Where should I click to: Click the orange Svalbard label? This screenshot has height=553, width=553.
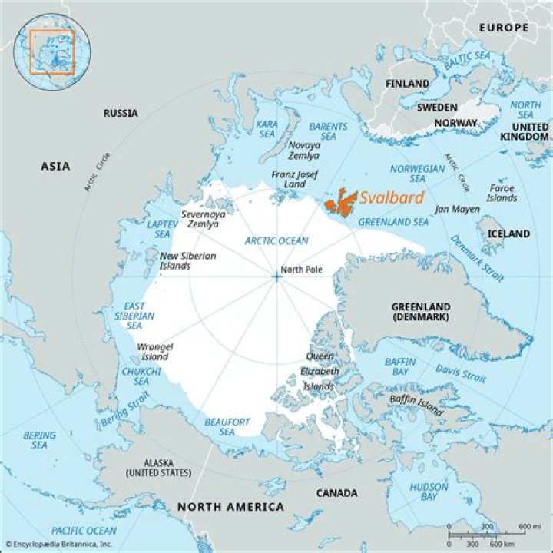tap(392, 198)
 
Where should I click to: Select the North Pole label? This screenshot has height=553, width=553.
tap(301, 270)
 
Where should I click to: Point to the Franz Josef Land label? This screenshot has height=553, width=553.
tap(294, 180)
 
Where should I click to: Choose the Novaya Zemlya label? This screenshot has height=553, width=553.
tap(304, 150)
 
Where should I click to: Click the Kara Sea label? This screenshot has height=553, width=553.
tap(267, 129)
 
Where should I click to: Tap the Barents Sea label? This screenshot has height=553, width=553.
tap(328, 131)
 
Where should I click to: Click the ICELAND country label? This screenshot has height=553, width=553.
tap(508, 233)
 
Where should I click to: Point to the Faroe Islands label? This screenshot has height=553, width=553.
tap(502, 193)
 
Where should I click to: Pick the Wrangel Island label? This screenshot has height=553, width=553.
tap(154, 352)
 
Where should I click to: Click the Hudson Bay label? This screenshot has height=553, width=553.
tap(429, 492)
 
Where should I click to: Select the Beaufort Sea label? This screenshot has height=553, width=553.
tap(226, 427)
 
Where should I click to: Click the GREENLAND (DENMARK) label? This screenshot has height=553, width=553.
tap(420, 311)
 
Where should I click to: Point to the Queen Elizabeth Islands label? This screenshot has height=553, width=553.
tap(320, 372)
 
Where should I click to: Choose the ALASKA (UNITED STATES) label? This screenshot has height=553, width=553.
tap(158, 468)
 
